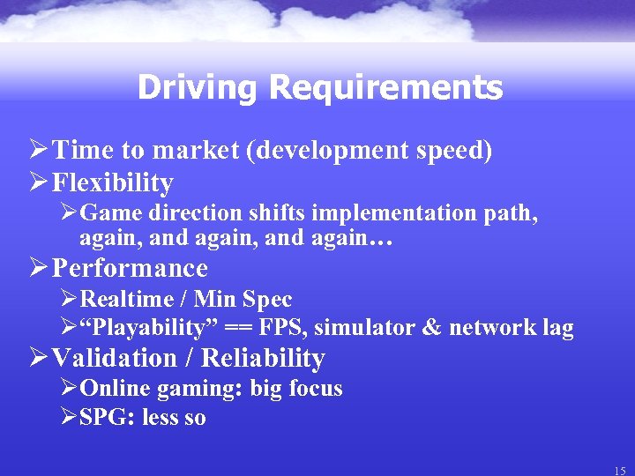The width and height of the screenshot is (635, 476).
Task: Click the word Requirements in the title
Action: [x=385, y=87]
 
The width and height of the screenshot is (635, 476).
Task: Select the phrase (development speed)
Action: [x=369, y=151]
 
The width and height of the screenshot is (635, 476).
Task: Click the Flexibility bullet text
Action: [x=113, y=182]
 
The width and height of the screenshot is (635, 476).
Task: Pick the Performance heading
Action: [x=130, y=267]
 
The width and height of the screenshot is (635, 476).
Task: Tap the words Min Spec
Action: [x=243, y=299]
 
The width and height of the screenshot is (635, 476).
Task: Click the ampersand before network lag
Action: [x=431, y=329]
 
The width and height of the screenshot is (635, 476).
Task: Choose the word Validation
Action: [x=115, y=358]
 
